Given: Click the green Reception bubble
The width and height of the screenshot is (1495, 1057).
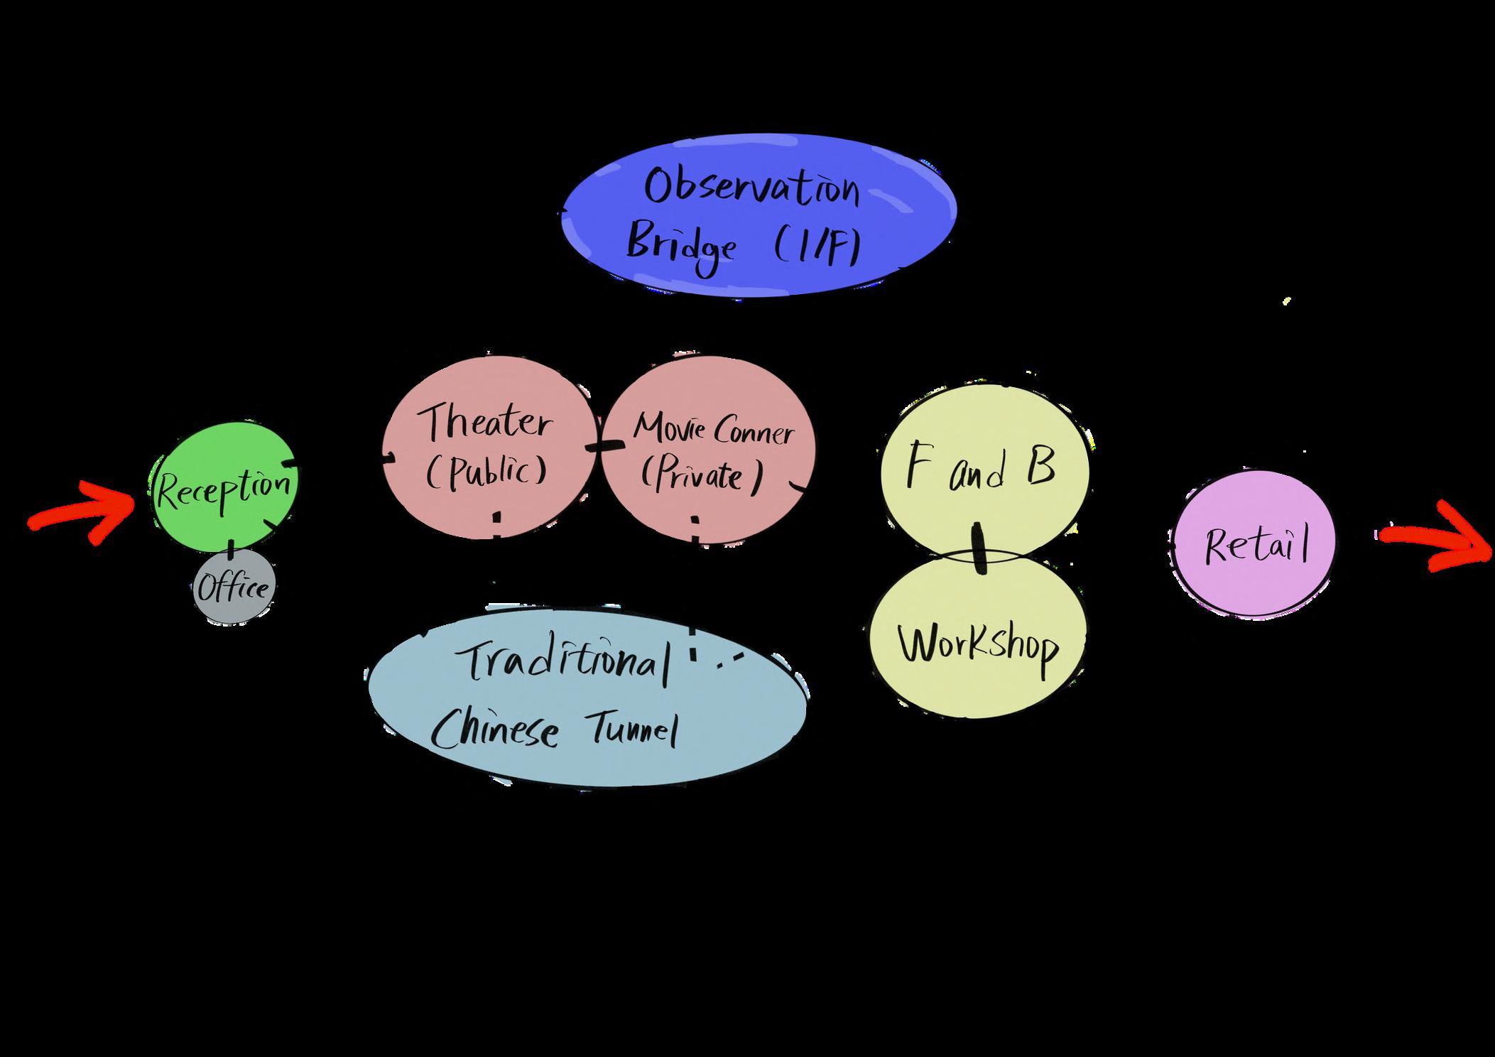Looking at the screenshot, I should pyautogui.click(x=224, y=490).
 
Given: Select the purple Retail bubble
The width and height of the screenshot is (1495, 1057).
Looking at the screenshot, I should pyautogui.click(x=1254, y=546).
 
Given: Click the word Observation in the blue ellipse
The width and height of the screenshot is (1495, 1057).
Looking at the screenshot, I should pyautogui.click(x=752, y=188).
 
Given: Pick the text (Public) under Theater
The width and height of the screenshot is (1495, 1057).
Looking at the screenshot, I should pyautogui.click(x=487, y=471).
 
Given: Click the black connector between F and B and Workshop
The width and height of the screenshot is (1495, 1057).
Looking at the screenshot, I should pyautogui.click(x=979, y=548).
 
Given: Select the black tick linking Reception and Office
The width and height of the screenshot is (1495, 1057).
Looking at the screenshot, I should pyautogui.click(x=231, y=548).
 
